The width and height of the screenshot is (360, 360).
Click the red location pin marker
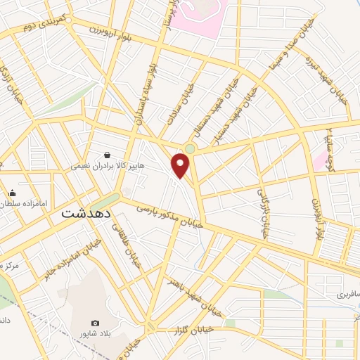(181, 165)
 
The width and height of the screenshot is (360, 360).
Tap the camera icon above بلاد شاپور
(96, 322)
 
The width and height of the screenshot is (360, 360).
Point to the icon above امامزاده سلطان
(12, 193)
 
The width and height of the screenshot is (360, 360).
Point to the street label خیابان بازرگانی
(263, 212)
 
